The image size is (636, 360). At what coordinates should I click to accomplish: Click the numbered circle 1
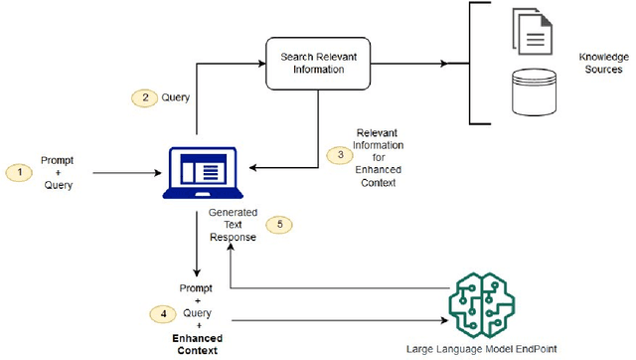pos(19,172)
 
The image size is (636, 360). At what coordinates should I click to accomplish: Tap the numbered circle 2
pos(145,97)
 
